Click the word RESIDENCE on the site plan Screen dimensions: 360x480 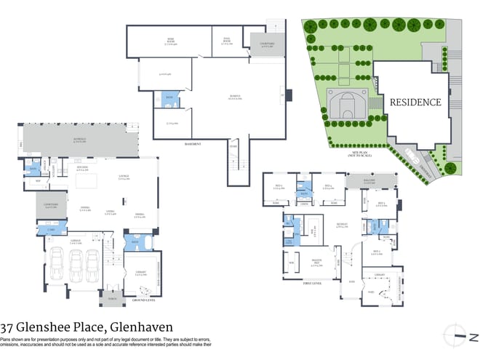click(x=415, y=103)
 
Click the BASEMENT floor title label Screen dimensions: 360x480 click(x=194, y=144)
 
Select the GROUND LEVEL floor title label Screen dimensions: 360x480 click(x=138, y=299)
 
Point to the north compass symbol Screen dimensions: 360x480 click(x=455, y=332)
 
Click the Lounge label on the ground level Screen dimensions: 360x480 click(x=124, y=178)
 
